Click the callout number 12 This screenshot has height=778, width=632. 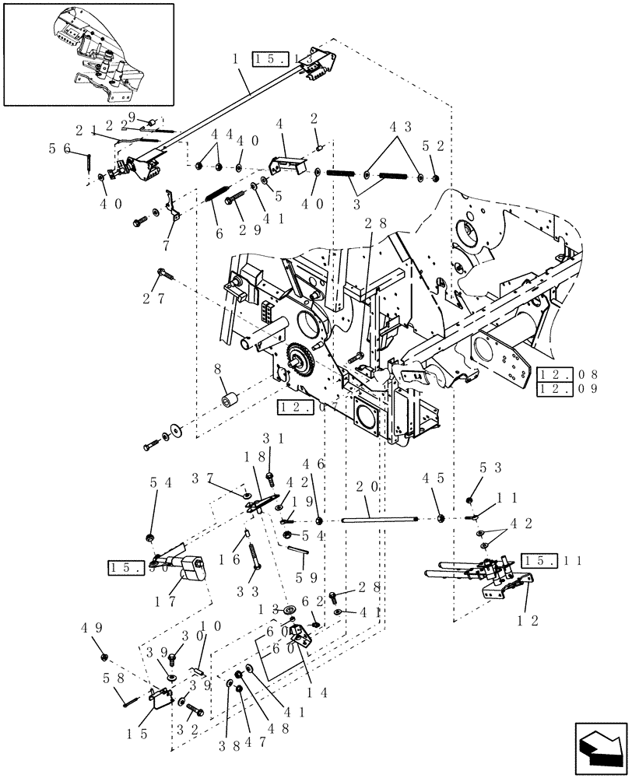click(x=525, y=622)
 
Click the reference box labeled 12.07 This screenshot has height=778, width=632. click(x=296, y=405)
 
